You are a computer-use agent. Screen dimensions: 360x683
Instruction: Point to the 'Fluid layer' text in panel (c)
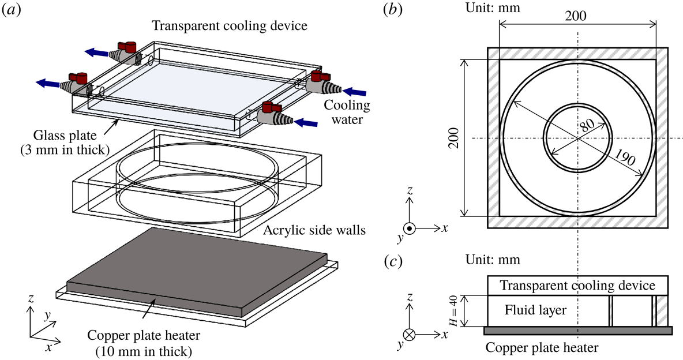click(535, 310)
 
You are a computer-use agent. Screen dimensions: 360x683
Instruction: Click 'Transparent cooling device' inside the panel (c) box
click(577, 286)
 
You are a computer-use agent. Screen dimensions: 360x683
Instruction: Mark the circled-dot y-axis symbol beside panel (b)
click(409, 228)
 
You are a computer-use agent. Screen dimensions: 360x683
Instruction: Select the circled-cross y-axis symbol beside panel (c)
click(409, 334)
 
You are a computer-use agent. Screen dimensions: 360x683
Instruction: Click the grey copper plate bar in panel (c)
click(577, 330)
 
